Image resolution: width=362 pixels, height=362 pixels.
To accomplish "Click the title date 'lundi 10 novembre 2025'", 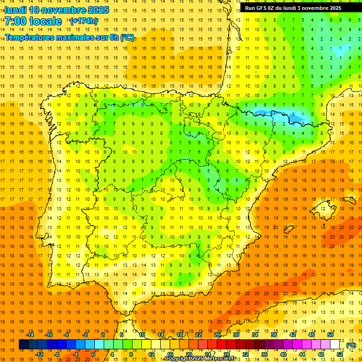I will point(57,10).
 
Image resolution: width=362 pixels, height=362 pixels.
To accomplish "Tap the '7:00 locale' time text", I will point(33,21).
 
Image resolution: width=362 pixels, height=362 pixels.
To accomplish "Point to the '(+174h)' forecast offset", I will point(83,21).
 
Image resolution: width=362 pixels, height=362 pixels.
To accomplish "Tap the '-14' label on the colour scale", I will point(30,335).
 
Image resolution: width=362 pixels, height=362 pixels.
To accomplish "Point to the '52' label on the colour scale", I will point(340,354).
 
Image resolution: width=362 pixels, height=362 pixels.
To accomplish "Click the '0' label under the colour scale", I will point(93,354).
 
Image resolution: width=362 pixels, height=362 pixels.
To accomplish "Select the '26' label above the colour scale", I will point(217,335).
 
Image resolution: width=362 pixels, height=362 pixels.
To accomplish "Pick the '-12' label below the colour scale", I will point(39,354).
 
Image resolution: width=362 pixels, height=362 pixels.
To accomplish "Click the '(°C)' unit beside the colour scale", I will point(351,345).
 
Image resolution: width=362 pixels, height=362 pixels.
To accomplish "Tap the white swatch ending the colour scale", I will point(335,345).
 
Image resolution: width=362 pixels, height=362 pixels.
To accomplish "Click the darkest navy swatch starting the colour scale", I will point(24,345).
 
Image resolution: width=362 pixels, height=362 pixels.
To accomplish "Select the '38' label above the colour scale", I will point(273,335).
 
